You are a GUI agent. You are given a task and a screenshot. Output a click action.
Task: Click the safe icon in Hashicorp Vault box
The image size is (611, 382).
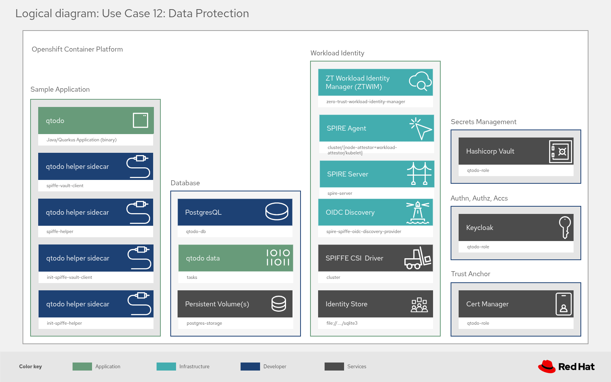click(x=561, y=152)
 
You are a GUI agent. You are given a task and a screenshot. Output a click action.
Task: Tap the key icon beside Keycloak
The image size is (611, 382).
click(x=565, y=227)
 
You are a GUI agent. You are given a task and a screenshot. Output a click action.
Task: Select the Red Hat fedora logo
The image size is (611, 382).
click(x=547, y=366)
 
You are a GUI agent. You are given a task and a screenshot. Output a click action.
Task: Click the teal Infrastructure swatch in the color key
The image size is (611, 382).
click(x=166, y=367)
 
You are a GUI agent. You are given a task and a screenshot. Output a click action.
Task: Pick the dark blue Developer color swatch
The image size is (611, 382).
click(x=250, y=367)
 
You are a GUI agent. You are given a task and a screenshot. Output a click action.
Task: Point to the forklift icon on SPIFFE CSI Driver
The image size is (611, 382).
click(x=418, y=258)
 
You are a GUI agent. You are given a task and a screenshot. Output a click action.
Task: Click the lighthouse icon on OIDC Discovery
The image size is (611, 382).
click(x=417, y=212)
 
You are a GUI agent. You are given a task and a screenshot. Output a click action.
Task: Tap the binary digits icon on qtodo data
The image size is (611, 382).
click(x=278, y=258)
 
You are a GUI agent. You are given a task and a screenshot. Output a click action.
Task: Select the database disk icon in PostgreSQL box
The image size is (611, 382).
click(x=277, y=212)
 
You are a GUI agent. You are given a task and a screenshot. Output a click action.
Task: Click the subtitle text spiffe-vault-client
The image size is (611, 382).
click(x=65, y=186)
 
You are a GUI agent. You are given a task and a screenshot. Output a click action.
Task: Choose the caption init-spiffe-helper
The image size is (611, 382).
click(x=64, y=323)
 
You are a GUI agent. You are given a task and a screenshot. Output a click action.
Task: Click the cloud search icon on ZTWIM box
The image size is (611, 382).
click(x=420, y=81)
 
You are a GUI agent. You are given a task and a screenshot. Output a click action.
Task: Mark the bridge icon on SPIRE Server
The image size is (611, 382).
click(x=419, y=174)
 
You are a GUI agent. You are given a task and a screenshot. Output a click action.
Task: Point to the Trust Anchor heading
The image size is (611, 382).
click(x=470, y=274)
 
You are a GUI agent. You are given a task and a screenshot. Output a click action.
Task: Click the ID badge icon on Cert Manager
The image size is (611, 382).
click(x=564, y=304)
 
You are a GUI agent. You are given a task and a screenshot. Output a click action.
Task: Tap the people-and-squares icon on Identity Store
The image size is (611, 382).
click(x=419, y=305)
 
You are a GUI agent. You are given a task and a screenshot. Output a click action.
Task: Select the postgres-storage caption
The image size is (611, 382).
click(x=204, y=323)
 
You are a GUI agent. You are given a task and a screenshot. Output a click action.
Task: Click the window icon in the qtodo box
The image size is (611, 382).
click(x=141, y=120)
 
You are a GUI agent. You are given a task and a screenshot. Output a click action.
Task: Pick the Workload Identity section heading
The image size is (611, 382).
click(x=337, y=53)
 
